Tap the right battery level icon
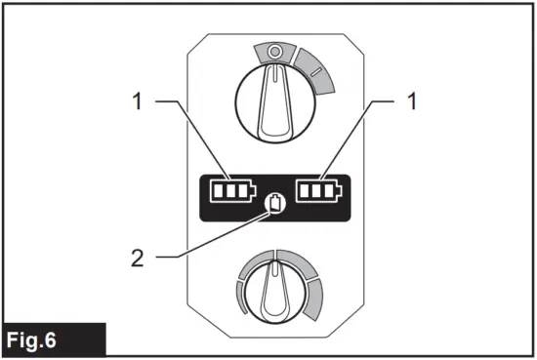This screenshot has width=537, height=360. click(x=321, y=189)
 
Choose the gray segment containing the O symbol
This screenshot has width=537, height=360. click(x=273, y=51)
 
